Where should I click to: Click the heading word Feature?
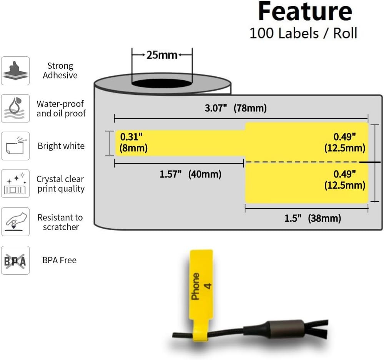pos(305,12)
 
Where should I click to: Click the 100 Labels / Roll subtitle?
pos(303,33)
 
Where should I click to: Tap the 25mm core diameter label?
pos(161,55)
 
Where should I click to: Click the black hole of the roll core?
pos(162,83)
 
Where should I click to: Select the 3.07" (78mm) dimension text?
pos(236,108)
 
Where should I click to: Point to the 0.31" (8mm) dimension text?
pos(133,142)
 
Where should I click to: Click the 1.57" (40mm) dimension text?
pos(191,174)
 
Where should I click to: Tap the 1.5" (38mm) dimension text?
pos(313,218)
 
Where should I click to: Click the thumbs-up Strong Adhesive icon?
pos(15,71)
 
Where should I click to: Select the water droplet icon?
pos(15,108)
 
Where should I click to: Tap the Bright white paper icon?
pos(15,146)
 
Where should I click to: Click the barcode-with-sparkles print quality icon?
pos(15,184)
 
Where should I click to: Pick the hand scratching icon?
pos(15,222)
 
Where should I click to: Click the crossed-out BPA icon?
pos(15,260)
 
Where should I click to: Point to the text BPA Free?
pos(59,260)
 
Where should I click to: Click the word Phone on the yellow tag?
pos(195,286)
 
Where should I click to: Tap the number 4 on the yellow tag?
pos(208,286)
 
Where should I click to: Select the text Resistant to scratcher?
pos(60,222)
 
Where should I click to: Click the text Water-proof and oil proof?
pos(61,108)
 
